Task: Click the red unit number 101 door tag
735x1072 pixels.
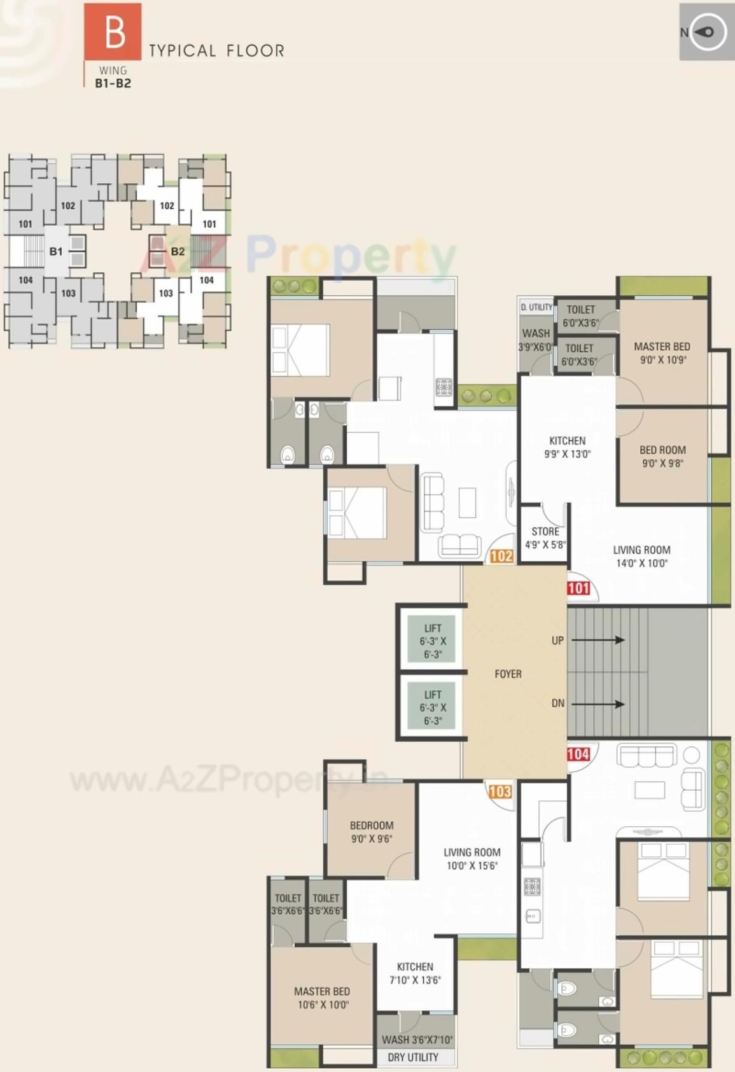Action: (x=578, y=588)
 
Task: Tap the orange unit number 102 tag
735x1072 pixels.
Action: (x=501, y=556)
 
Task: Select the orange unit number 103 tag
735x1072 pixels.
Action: (x=500, y=791)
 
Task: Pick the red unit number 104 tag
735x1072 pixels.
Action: (x=578, y=755)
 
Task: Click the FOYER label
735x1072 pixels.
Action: (x=508, y=674)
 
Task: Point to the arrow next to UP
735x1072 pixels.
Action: (x=598, y=640)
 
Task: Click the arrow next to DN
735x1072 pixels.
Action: (x=598, y=704)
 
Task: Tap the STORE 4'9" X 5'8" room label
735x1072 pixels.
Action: (x=545, y=538)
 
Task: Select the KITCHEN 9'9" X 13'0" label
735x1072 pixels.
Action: (x=567, y=447)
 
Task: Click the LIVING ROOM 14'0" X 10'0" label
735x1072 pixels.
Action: (x=641, y=556)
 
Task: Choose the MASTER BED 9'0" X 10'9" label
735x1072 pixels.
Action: (x=662, y=353)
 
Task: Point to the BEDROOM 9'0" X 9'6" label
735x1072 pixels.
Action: (x=372, y=832)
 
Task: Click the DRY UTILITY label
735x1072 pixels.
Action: (x=413, y=1057)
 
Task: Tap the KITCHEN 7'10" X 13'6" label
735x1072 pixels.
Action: (x=415, y=973)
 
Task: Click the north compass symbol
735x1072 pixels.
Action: (x=708, y=32)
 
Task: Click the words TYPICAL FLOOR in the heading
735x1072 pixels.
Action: (x=216, y=51)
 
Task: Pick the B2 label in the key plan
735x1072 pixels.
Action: (x=178, y=251)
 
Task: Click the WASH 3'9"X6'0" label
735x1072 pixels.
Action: (x=536, y=340)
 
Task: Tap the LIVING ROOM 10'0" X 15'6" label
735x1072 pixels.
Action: (x=472, y=858)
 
